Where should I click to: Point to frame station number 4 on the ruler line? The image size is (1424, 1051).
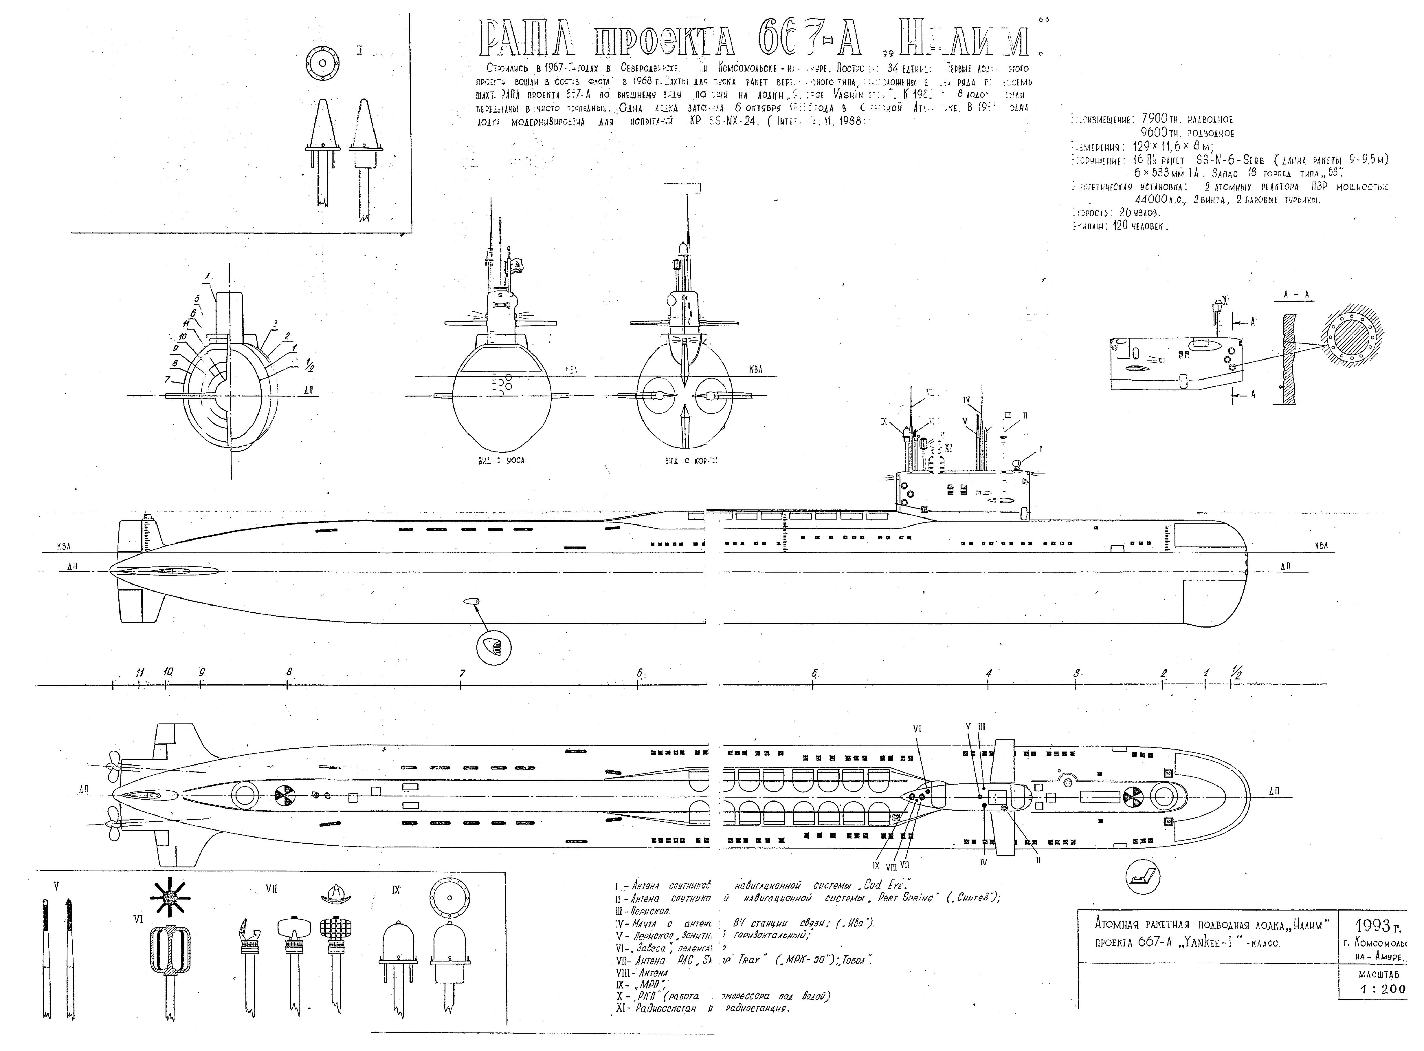tap(988, 673)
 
